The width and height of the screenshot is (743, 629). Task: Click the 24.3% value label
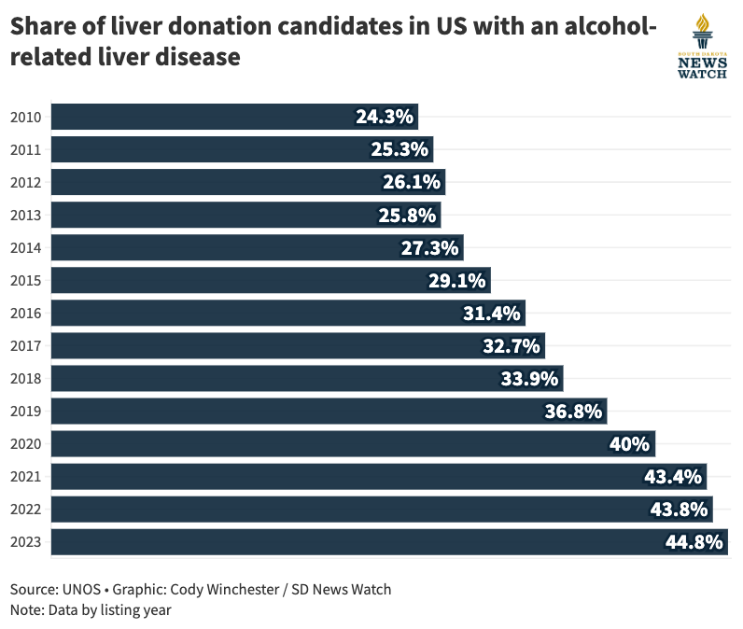click(384, 117)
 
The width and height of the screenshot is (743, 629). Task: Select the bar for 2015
click(270, 280)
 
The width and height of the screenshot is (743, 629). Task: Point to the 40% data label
click(629, 443)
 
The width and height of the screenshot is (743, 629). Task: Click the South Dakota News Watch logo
click(701, 47)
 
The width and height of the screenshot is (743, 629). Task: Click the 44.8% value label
click(694, 542)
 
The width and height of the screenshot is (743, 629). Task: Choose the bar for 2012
click(247, 182)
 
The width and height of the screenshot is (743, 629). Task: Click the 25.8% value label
click(407, 216)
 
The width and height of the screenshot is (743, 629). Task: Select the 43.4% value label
click(672, 477)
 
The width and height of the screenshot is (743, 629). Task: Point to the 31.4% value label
click(492, 314)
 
